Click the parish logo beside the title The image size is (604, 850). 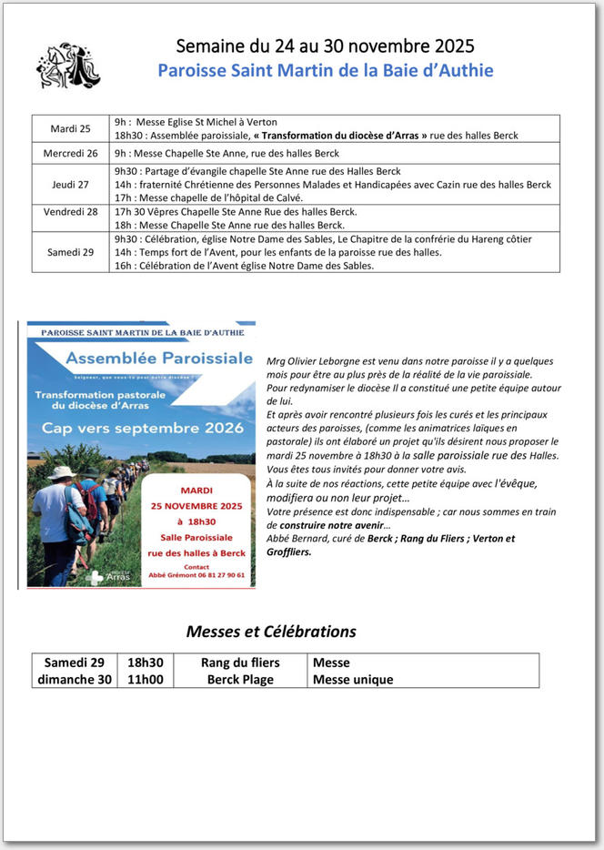[67, 66]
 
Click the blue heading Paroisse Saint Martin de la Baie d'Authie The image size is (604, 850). [325, 70]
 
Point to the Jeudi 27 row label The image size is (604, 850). [70, 185]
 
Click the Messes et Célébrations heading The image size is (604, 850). [271, 632]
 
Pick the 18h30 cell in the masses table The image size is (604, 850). [146, 663]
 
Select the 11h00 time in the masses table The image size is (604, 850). [146, 679]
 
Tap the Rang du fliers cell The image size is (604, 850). [240, 663]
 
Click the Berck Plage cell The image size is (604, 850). [240, 679]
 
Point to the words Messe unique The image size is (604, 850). [353, 679]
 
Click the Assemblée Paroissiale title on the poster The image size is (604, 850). [158, 359]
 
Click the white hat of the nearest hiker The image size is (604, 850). [61, 472]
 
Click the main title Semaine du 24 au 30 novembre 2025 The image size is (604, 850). [325, 46]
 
